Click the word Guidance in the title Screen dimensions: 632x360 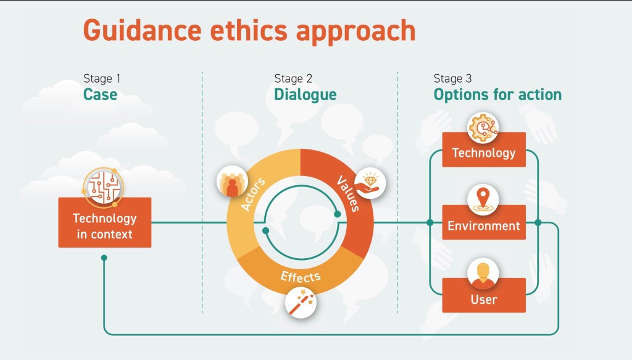143,30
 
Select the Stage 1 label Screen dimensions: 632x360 102,78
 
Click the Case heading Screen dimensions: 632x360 100,94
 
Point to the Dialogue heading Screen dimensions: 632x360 305,94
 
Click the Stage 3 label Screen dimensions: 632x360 452,78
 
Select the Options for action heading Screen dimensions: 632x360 497,94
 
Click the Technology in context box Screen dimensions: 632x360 105,222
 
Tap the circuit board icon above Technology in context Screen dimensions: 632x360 104,186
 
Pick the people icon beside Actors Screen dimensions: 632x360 232,182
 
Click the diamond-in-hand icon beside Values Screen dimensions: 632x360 370,183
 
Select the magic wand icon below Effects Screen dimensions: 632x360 301,303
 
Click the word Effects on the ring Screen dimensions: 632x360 301,277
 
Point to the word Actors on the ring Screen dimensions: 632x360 252,194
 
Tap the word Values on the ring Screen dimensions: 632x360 348,193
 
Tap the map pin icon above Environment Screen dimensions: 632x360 483,199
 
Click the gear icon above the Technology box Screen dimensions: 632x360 483,128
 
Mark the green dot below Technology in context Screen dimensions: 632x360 104,257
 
